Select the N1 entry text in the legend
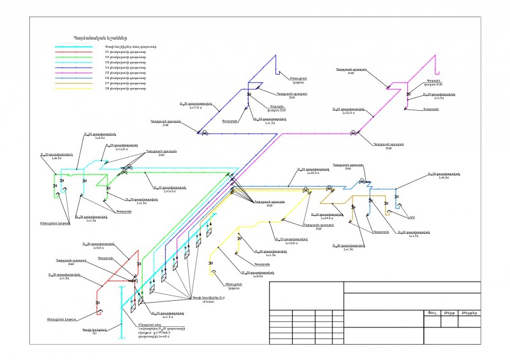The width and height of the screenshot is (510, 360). pos(122,53)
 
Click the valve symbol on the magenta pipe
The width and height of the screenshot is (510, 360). pos(353,133)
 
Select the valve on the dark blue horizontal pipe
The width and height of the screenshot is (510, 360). pos(204,134)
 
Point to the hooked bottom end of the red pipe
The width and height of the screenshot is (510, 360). pos(98,312)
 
